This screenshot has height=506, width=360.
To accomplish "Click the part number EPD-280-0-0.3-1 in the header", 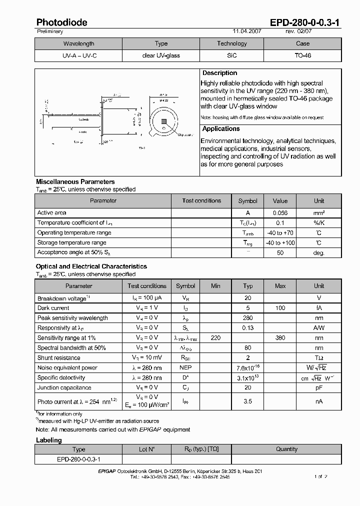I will pos(305,22).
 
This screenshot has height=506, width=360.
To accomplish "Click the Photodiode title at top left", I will pos(61,22).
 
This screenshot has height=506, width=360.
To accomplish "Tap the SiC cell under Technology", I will pos(231,55).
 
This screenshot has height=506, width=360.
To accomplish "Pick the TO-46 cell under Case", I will pos(302,55).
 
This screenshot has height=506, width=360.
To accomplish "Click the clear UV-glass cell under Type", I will pos(161,55).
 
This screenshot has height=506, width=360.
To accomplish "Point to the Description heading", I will pos(219,73).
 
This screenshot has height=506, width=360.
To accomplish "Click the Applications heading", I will pos(221,129).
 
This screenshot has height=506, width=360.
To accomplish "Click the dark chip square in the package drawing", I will pos(163,121).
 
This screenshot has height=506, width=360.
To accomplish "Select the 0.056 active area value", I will pos(280,213).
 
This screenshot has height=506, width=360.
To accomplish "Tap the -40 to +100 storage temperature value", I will pos(280,243).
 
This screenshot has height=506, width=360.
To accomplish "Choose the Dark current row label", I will pos(53,308).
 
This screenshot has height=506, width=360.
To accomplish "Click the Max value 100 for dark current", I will pos(280,308).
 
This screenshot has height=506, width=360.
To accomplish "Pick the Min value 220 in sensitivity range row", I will pos(215,338).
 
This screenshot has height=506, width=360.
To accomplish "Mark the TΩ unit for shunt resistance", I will pos(318,358).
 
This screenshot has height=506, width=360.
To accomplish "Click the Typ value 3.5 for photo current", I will pos(248,401).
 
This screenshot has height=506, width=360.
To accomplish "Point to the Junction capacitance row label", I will pos(64,387).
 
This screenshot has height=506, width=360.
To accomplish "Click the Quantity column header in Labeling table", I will pos(286,449).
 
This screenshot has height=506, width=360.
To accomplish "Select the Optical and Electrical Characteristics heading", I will pos(91,266).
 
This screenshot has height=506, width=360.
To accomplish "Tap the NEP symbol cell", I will pos(185,368).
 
